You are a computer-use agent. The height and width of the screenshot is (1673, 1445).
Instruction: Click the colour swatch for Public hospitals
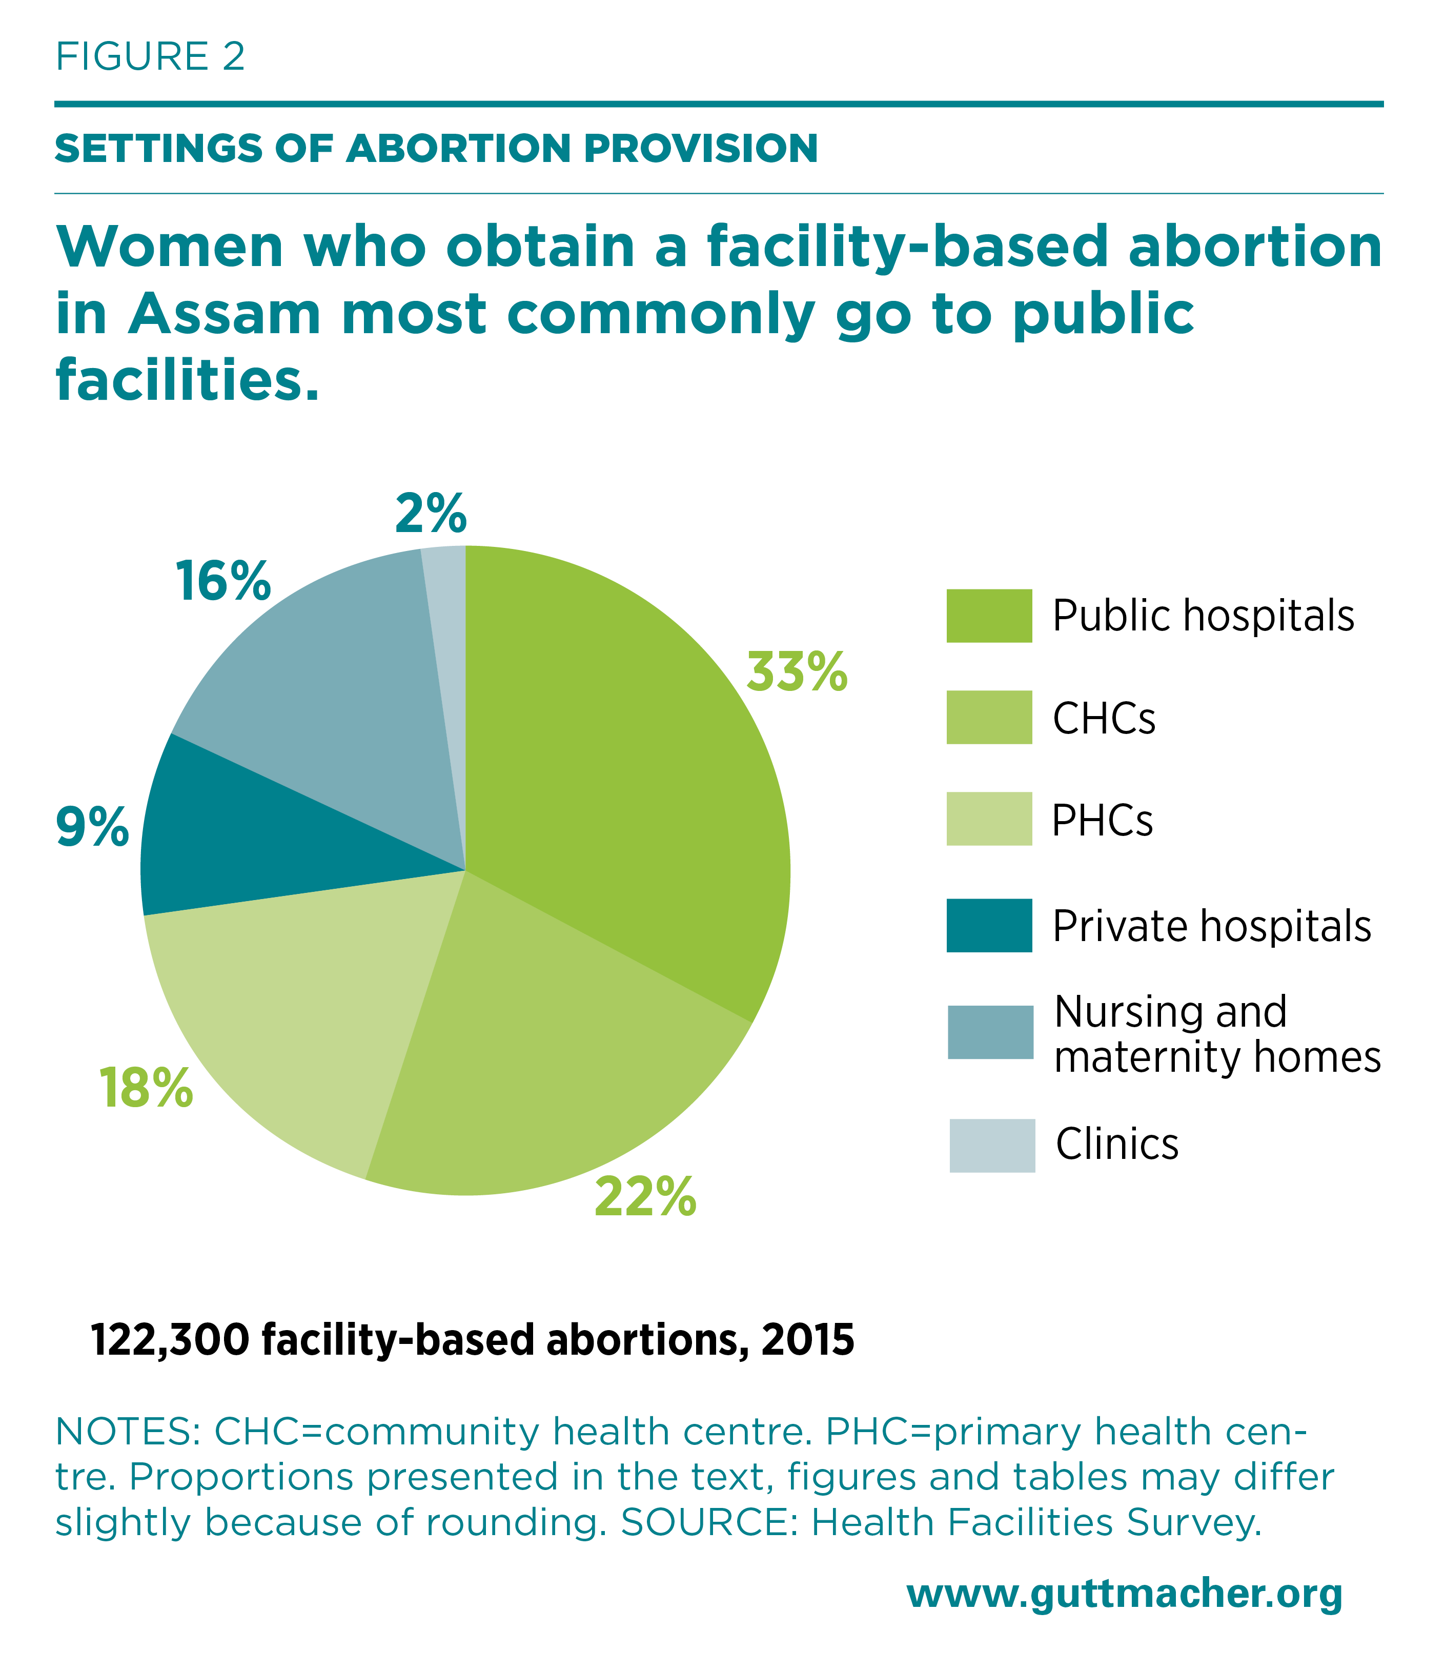click(x=989, y=616)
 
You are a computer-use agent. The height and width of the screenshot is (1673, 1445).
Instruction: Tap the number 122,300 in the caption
click(x=170, y=1340)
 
